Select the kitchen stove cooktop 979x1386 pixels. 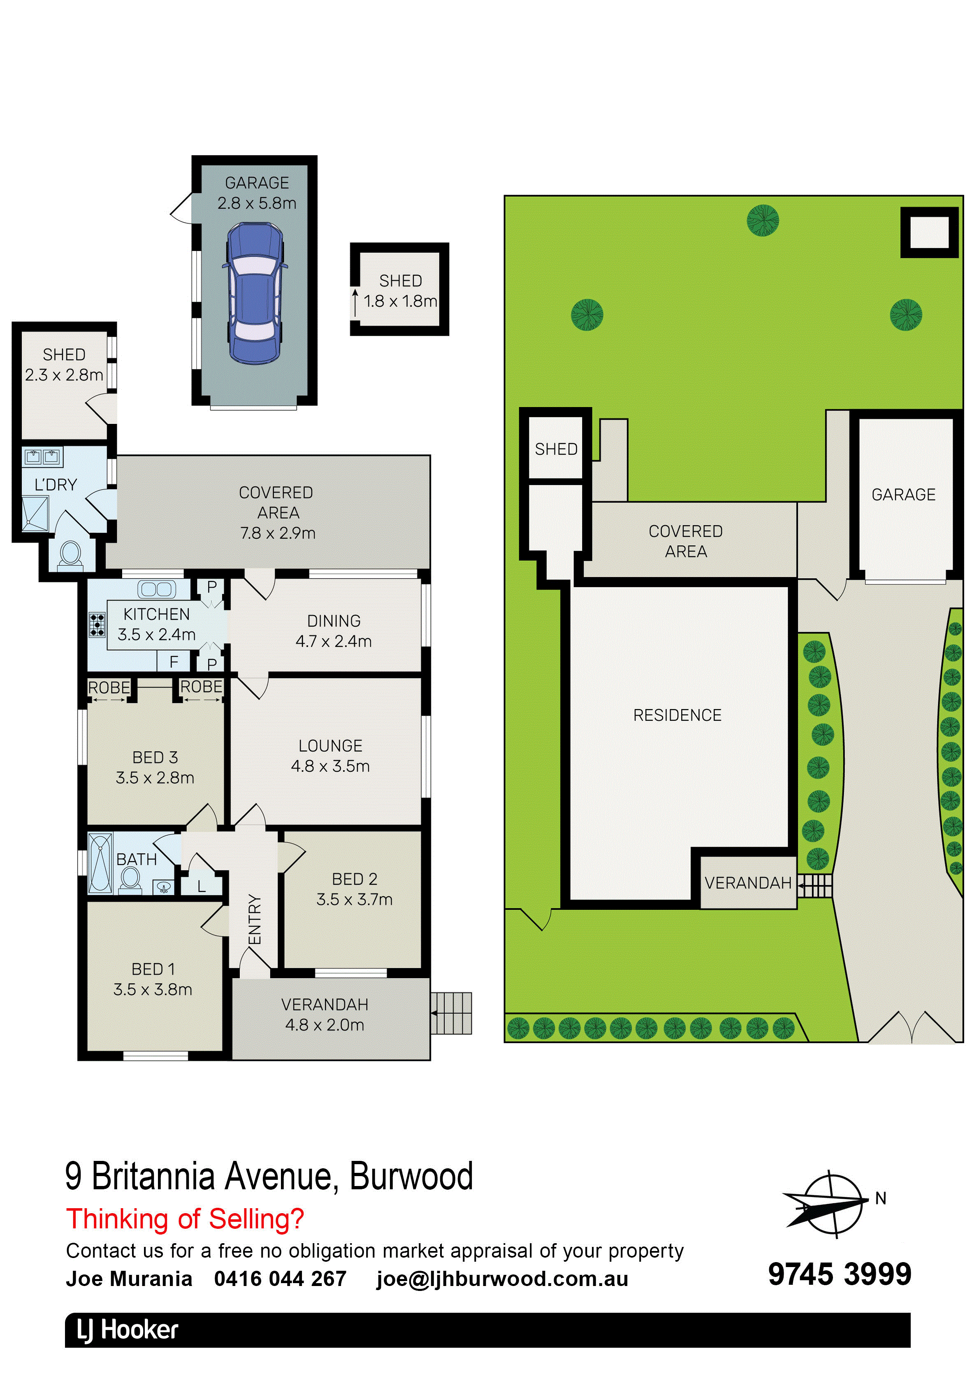[x=97, y=625]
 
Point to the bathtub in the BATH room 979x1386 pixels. [x=100, y=863]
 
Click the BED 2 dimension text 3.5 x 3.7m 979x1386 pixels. [x=354, y=900]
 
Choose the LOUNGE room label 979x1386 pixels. [x=330, y=746]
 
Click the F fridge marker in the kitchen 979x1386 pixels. [x=174, y=662]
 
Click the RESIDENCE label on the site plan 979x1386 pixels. [x=677, y=715]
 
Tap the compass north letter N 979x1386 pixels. [x=881, y=1198]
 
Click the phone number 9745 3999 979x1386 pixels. [x=840, y=1274]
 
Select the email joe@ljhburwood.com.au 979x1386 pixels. [x=502, y=1279]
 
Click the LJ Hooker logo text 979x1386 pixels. [x=128, y=1330]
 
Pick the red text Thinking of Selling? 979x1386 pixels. [x=185, y=1219]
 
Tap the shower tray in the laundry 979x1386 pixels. [x=38, y=514]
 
